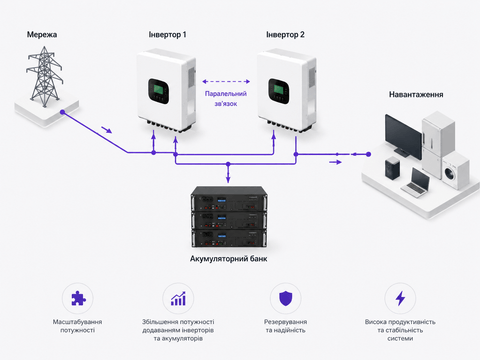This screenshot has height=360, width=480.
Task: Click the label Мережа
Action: [42, 35]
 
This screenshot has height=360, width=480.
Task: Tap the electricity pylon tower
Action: [44, 77]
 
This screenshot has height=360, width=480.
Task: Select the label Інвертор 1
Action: [167, 35]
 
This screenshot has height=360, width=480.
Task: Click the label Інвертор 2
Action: [285, 35]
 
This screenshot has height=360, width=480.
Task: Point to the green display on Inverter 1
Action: [158, 89]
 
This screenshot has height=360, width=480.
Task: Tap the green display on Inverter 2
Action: [278, 89]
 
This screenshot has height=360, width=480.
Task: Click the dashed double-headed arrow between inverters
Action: [226, 81]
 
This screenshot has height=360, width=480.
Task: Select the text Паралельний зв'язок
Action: [226, 99]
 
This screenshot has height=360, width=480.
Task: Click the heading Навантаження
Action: [416, 95]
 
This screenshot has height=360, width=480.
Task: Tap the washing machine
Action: [455, 170]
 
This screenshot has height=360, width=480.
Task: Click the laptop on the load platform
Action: [417, 182]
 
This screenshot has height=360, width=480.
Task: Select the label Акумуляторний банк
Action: [229, 259]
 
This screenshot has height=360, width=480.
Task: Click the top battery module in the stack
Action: [229, 199]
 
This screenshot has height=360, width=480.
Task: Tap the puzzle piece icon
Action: [78, 298]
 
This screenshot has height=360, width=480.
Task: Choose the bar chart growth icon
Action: [178, 298]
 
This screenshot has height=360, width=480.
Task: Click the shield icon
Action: [285, 298]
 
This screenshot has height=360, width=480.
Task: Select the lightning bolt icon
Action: [400, 298]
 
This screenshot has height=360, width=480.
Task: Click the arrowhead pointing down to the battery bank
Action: [228, 180]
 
